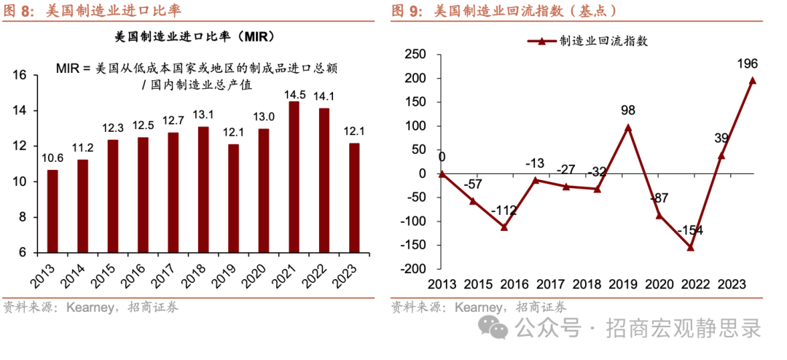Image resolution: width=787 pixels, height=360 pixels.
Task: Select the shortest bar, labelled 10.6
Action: [x=52, y=211]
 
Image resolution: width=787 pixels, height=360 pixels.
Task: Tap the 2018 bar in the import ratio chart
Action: [x=203, y=189]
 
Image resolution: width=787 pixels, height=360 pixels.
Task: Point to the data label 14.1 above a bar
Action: [x=324, y=96]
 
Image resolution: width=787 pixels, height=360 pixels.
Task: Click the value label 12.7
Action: [x=173, y=120]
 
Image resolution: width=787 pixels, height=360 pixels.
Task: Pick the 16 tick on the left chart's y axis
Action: [x=20, y=75]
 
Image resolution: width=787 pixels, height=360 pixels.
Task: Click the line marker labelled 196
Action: [x=753, y=81]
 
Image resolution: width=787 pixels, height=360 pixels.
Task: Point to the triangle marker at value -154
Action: [x=690, y=247]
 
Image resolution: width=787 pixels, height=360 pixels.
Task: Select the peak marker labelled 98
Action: [x=628, y=127]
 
